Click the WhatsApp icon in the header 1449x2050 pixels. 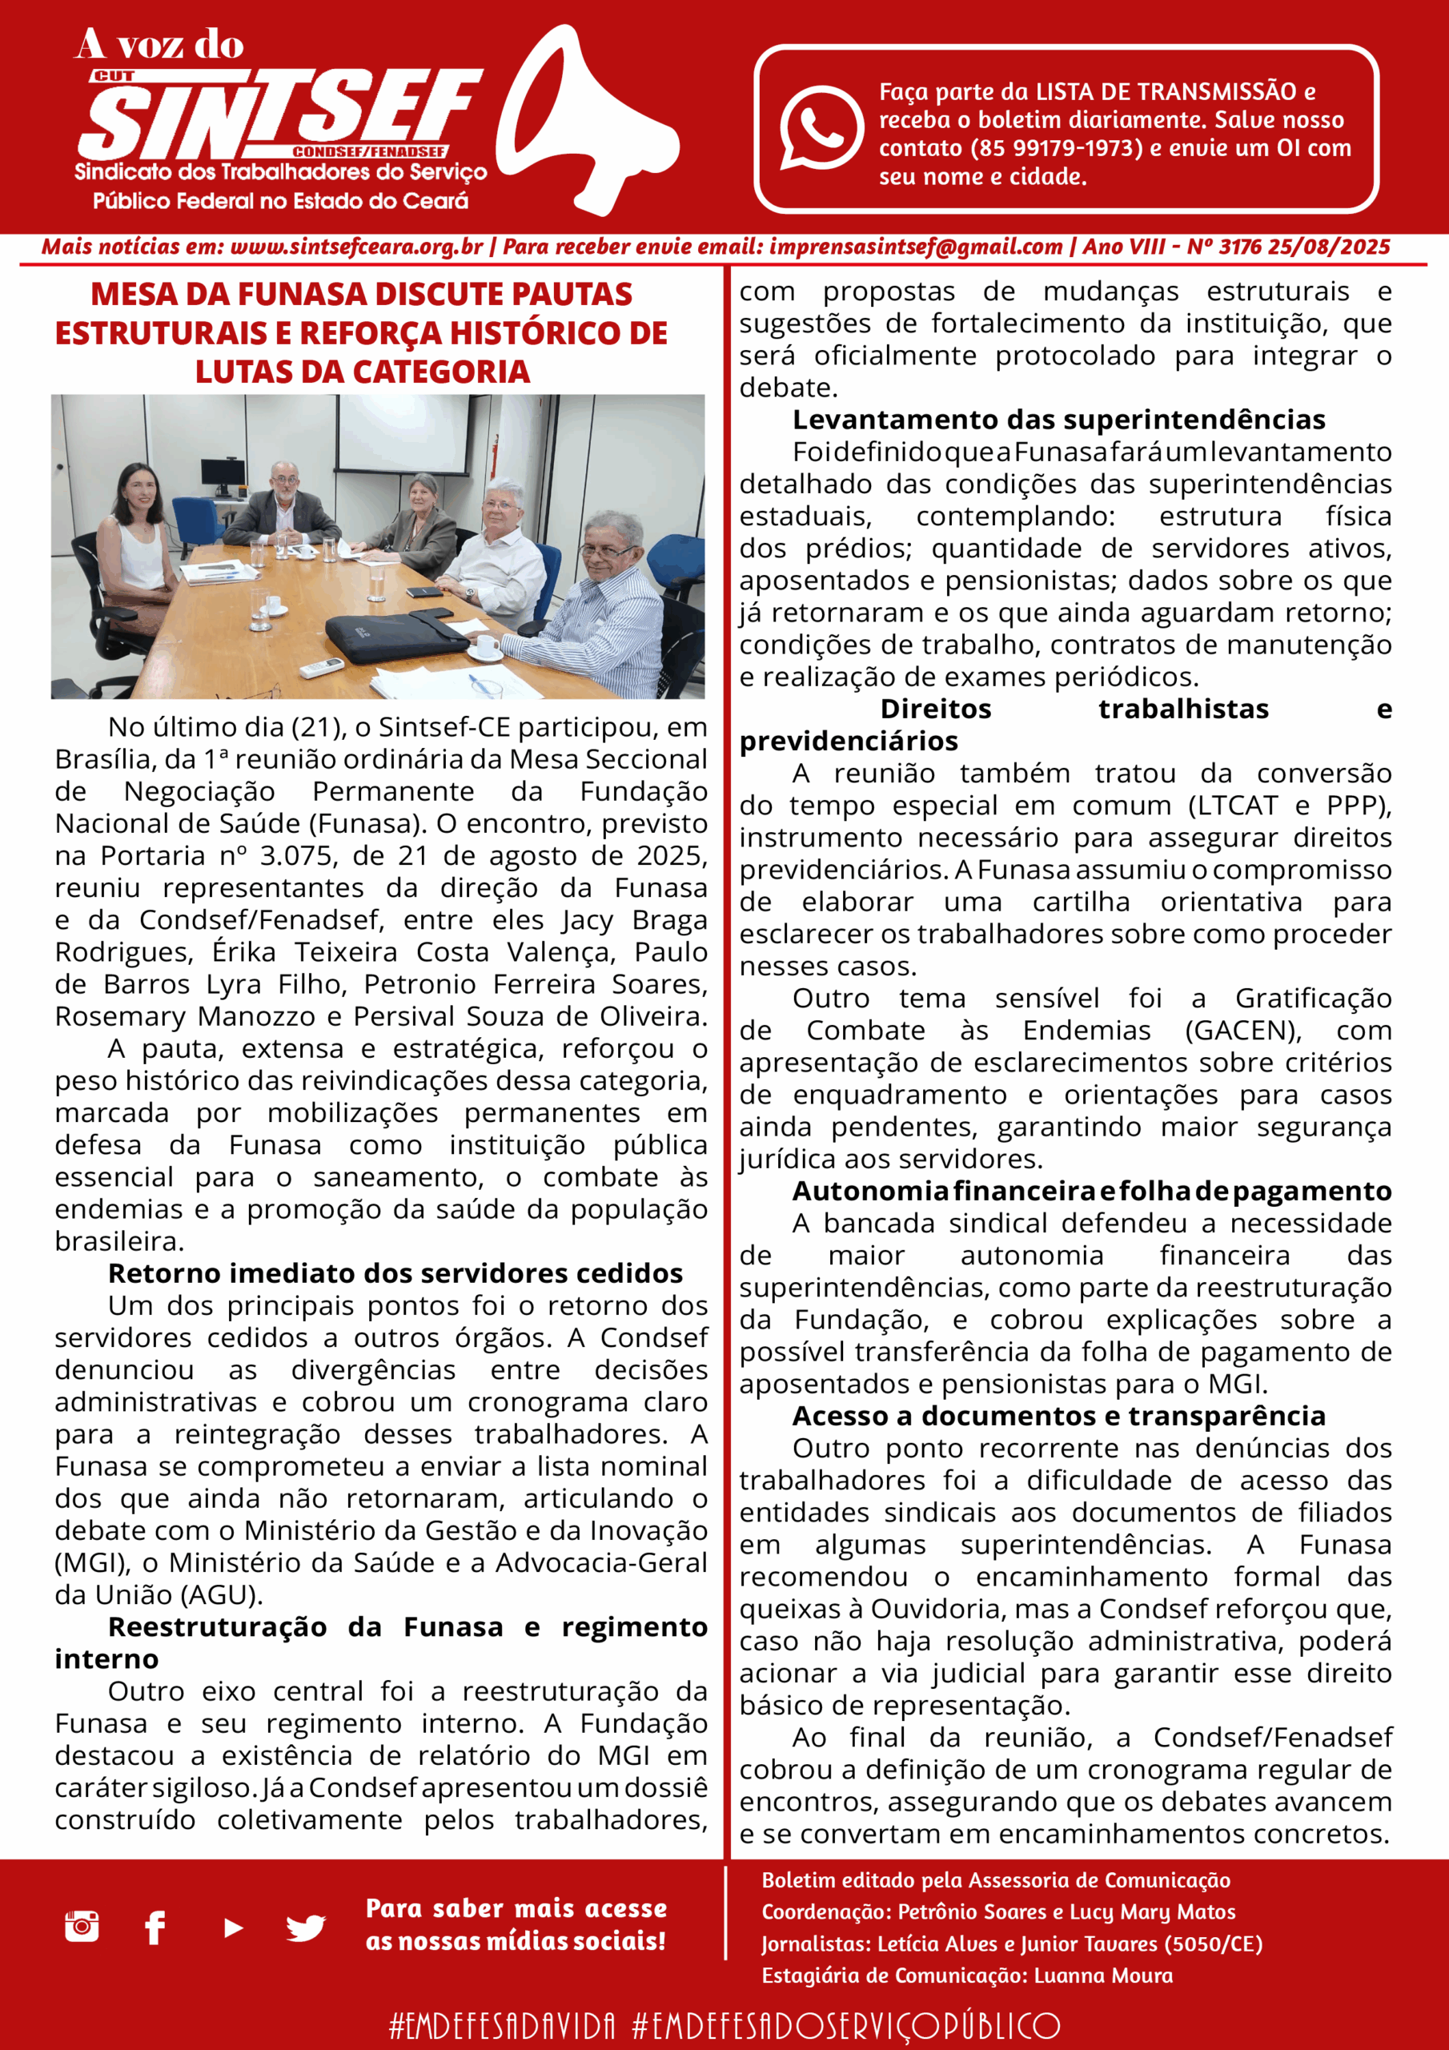(821, 127)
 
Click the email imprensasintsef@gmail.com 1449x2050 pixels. (915, 247)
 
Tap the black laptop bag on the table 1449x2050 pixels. (398, 635)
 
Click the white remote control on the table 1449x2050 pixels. (319, 667)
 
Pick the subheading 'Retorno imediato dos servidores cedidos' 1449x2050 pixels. (395, 1273)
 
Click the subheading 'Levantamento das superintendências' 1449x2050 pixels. (1058, 420)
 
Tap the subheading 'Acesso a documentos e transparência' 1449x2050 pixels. (1058, 1416)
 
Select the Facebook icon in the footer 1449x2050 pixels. (155, 1927)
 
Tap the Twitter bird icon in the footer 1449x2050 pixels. (305, 1927)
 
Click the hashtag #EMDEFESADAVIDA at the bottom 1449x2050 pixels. (502, 2025)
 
